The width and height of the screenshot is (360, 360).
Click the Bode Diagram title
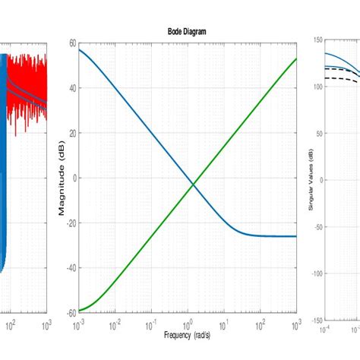187,31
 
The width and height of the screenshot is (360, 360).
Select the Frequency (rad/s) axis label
187,335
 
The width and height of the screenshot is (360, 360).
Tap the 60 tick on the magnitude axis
72,43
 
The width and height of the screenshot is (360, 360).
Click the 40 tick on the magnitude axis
72,88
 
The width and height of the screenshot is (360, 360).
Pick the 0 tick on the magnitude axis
74,178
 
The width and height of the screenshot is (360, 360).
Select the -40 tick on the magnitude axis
71,267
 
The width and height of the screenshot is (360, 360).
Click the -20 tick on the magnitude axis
71,223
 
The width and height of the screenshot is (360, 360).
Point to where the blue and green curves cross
194,184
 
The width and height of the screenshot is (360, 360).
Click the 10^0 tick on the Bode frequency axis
187,324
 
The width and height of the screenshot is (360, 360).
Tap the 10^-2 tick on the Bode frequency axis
115,324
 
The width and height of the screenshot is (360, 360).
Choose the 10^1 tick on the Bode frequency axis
223,324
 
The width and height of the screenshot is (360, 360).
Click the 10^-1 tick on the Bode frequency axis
150,324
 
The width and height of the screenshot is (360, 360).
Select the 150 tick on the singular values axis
317,40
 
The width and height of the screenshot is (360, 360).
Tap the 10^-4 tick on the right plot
326,330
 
